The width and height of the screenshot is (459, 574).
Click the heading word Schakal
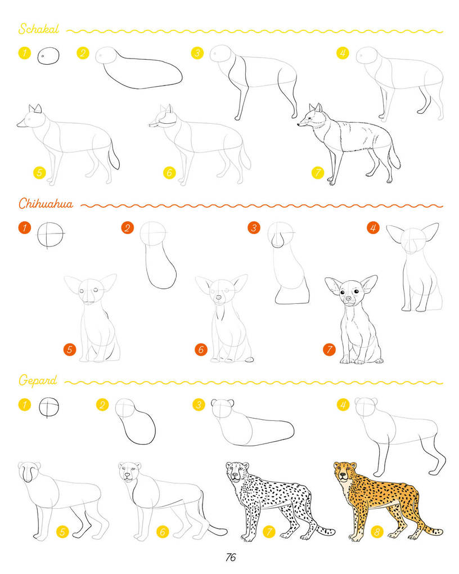pyautogui.click(x=39, y=29)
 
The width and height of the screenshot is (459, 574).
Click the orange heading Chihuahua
pyautogui.click(x=46, y=203)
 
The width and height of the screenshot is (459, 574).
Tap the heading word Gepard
pyautogui.click(x=38, y=380)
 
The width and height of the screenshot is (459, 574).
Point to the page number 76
pyautogui.click(x=231, y=558)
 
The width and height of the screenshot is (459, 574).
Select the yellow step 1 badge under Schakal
pyautogui.click(x=25, y=53)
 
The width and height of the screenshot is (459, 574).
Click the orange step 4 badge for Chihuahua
pyautogui.click(x=373, y=228)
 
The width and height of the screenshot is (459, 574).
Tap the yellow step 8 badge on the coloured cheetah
pyautogui.click(x=377, y=532)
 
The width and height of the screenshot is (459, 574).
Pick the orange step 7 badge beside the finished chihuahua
pyautogui.click(x=329, y=349)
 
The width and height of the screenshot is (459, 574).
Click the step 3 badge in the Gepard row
pyautogui.click(x=199, y=405)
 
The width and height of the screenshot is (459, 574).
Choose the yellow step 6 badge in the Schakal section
pyautogui.click(x=169, y=172)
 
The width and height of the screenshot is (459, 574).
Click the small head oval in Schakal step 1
pyautogui.click(x=48, y=56)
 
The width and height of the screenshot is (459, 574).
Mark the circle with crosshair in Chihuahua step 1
pyautogui.click(x=51, y=234)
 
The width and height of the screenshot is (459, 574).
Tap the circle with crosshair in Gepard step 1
pyautogui.click(x=49, y=407)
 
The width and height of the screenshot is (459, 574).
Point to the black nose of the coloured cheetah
pyautogui.click(x=343, y=476)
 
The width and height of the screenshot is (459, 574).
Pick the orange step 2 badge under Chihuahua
pyautogui.click(x=127, y=228)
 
